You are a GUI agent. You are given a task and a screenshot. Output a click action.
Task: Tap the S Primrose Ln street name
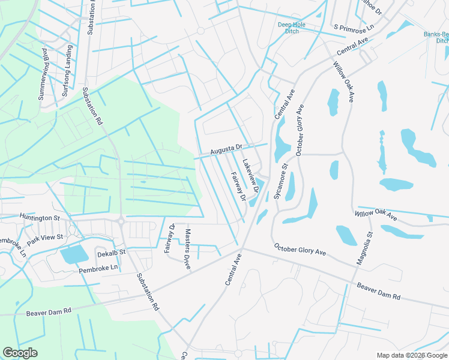pyautogui.click(x=354, y=27)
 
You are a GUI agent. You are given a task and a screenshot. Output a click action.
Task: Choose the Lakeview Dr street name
pyautogui.click(x=250, y=175)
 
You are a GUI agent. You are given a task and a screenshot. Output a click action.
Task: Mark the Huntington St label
pyautogui.click(x=40, y=217)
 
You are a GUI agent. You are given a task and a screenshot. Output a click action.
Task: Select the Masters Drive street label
pyautogui.click(x=188, y=248)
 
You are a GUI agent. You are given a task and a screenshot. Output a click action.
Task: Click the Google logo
pyautogui.click(x=20, y=353)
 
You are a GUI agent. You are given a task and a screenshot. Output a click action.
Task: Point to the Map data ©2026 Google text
pyautogui.click(x=412, y=355)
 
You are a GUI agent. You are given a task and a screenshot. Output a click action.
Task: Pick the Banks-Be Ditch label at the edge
pyautogui.click(x=437, y=38)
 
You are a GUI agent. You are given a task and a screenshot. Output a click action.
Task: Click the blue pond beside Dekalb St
pyautogui.click(x=74, y=255)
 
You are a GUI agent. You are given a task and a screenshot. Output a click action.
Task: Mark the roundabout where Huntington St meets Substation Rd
pyautogui.click(x=121, y=221)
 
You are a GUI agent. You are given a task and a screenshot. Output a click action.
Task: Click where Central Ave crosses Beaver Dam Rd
pyautogui.click(x=243, y=247)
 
